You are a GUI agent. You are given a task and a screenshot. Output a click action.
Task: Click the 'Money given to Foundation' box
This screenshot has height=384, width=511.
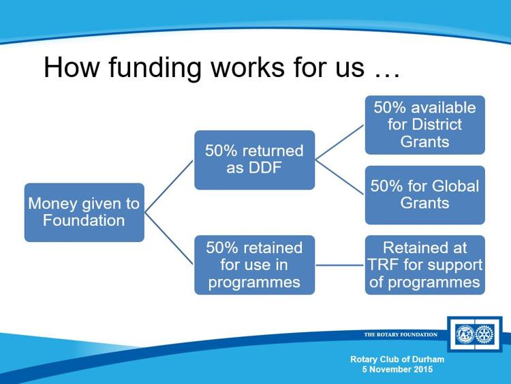coord(84,212)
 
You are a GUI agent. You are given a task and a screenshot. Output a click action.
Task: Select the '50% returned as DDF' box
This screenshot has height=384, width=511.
coord(255,160)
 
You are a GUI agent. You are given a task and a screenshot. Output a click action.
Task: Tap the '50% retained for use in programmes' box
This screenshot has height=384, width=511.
coord(255,265)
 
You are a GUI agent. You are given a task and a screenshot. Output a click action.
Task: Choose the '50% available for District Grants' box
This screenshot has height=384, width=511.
coord(425,125)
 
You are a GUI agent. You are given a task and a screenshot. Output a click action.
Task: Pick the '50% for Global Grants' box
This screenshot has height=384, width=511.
coord(425,195)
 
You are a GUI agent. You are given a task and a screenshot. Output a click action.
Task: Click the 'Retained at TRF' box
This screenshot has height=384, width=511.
coord(425,265)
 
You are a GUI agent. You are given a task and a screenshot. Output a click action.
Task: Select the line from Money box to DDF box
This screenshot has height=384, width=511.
coord(169,186)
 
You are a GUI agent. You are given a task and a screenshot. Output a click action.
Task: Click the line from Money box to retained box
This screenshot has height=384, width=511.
coord(169,239)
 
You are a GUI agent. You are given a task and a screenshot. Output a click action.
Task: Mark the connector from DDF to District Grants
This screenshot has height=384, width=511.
coord(340,143)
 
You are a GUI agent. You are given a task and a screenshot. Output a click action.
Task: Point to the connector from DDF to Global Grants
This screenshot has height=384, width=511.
coord(340,177)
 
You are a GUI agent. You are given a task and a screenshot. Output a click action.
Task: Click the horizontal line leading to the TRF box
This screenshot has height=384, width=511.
coord(340,265)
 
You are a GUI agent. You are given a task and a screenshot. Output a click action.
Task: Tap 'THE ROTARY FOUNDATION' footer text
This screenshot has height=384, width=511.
coord(401,334)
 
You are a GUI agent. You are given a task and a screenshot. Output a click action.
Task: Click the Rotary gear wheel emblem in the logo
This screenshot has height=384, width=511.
coord(484,334)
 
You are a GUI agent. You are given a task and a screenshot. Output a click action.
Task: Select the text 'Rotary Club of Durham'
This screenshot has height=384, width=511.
coord(397,359)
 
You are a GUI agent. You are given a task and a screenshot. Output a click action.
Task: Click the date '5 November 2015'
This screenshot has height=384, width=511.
coord(398,369)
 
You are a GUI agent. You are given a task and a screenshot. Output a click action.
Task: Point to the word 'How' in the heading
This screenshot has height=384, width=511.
coord(71,67)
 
